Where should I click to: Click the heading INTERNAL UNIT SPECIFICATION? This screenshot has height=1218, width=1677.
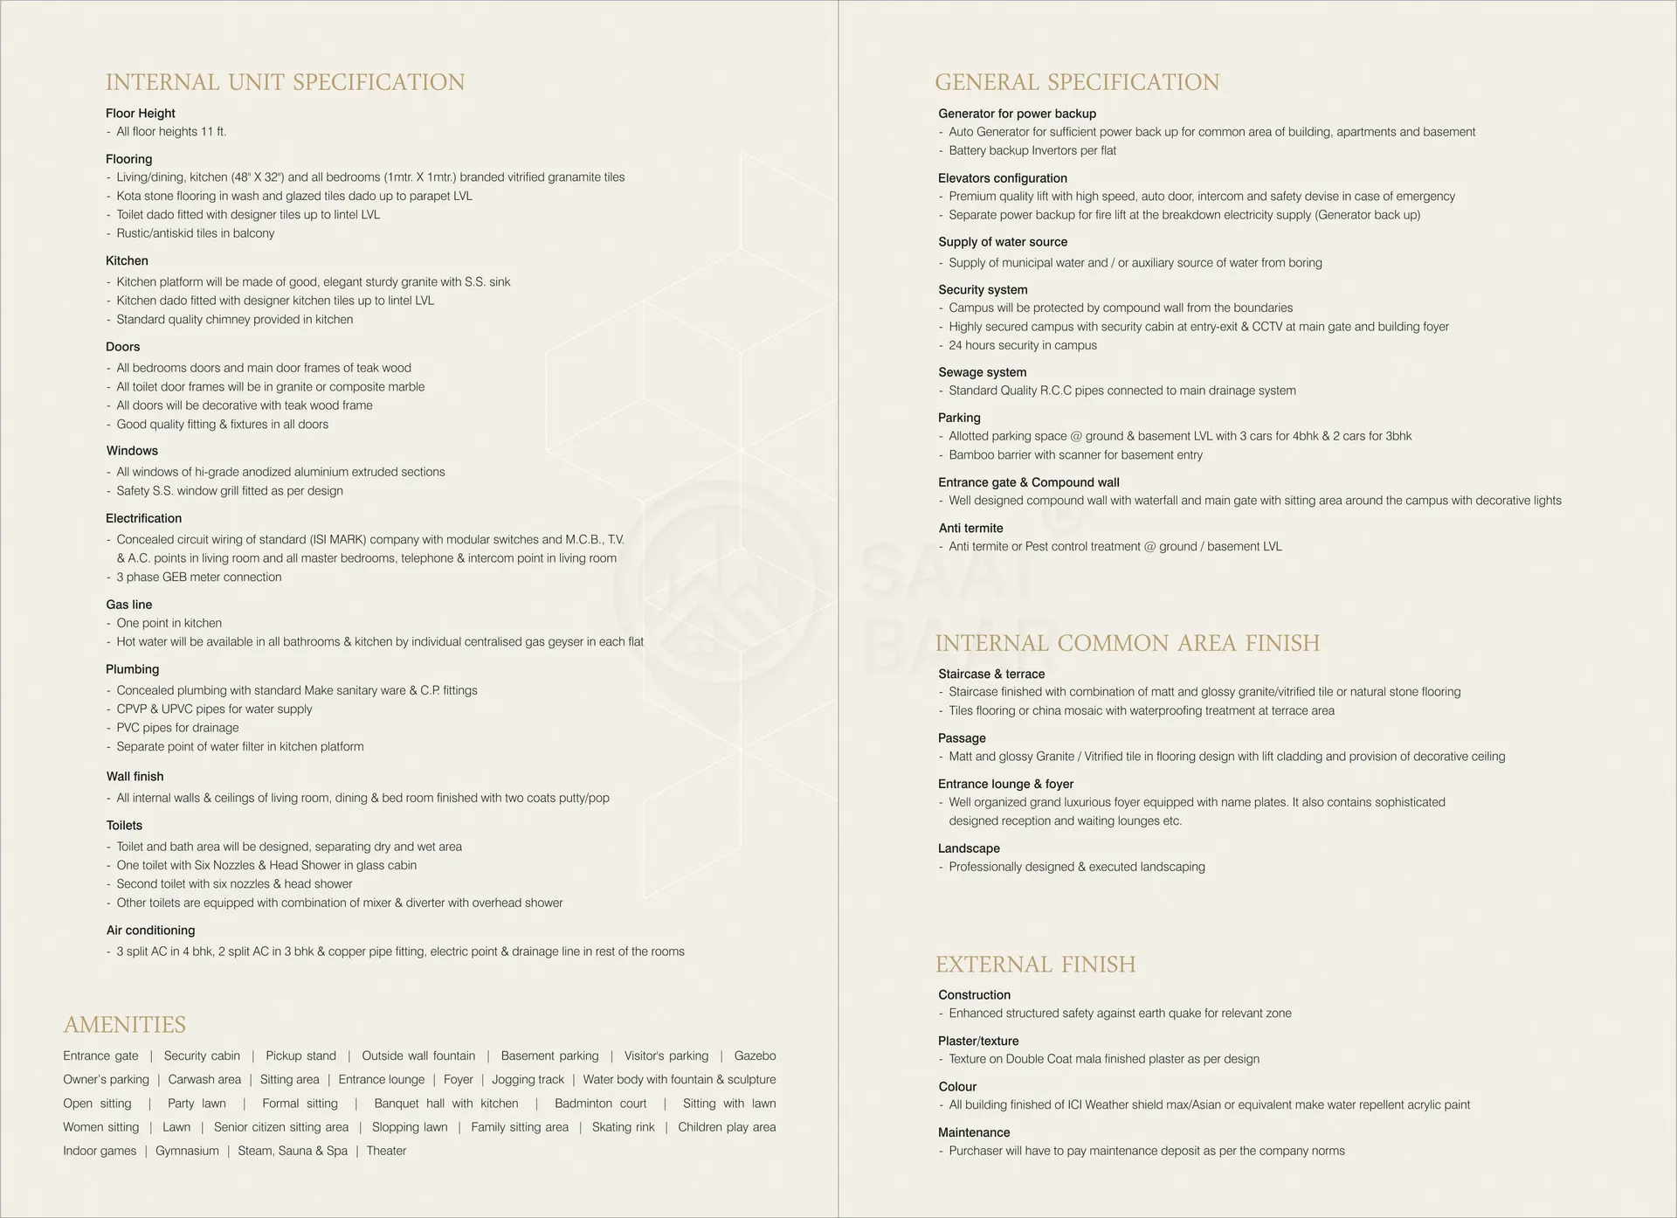coord(285,82)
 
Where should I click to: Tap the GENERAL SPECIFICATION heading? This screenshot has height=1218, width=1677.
coord(1077,82)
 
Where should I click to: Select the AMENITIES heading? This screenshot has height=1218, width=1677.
coord(125,1024)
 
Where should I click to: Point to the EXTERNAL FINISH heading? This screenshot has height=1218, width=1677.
coord(1036,965)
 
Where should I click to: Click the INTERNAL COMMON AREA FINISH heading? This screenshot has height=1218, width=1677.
coord(1128,643)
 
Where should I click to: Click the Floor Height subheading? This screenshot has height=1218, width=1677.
coord(141,114)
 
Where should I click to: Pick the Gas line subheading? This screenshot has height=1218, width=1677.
coord(129,605)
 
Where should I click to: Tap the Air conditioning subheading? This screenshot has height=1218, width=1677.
coord(151,931)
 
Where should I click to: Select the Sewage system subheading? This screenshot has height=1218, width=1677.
coord(983,372)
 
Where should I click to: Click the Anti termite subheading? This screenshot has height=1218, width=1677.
coord(971,529)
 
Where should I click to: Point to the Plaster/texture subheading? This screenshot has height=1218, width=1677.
coord(978,1041)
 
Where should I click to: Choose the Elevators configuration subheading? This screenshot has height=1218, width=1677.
coord(1003,178)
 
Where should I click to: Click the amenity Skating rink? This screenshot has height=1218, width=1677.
coord(623,1127)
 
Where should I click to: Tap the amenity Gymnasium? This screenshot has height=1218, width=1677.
coord(187,1151)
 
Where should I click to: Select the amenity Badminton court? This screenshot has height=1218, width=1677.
coord(601,1104)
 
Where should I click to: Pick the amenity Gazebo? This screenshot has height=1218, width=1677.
coord(755,1055)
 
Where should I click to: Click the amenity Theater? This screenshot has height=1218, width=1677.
coord(386,1151)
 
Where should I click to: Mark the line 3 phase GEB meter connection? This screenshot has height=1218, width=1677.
coord(199,577)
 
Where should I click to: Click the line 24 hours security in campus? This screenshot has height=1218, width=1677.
coord(1023,345)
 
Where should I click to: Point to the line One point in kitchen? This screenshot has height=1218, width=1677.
coord(169,623)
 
